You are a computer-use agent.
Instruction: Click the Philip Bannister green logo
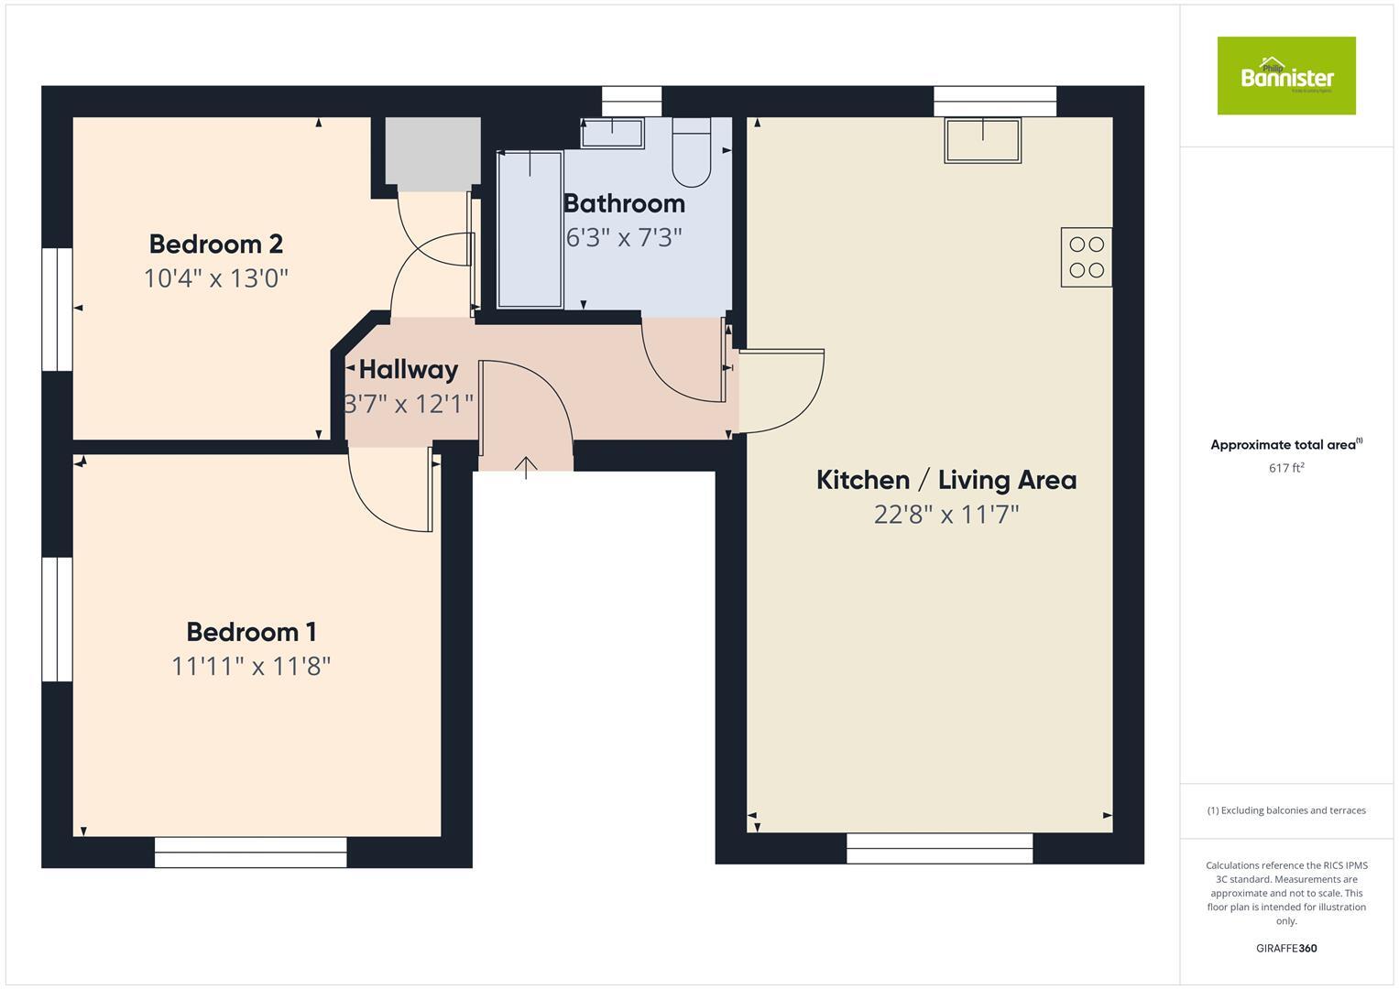tap(1285, 76)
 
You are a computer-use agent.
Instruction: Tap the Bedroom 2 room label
tap(216, 245)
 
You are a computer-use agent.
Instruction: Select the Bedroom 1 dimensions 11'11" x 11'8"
tap(250, 666)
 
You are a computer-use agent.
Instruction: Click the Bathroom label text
tap(624, 203)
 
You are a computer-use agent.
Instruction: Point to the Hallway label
tap(409, 370)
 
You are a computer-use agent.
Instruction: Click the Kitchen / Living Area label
tap(946, 480)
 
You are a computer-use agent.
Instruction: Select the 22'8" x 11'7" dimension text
tap(946, 515)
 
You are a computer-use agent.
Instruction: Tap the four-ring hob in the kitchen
tap(1087, 257)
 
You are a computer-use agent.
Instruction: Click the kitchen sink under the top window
tap(983, 140)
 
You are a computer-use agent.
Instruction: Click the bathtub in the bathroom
tap(530, 230)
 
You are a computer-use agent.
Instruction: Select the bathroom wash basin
tap(613, 133)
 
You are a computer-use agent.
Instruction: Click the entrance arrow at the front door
tap(526, 468)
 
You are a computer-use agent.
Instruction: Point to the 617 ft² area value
tap(1286, 468)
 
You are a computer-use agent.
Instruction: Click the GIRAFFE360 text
tap(1286, 948)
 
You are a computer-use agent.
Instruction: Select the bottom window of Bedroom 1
tap(250, 852)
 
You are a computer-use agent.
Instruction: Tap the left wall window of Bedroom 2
tap(58, 309)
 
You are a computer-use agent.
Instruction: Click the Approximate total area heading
tap(1285, 445)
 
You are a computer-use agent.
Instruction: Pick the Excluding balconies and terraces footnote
tap(1286, 810)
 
